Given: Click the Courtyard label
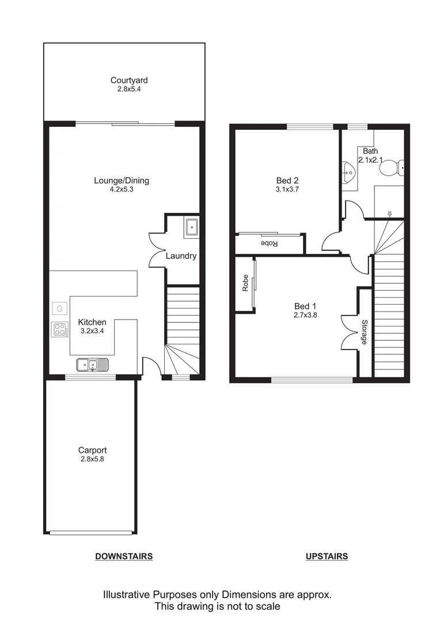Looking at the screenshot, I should tap(124, 81).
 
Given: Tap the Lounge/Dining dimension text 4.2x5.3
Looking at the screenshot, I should tap(122, 190).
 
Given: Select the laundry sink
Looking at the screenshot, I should tap(191, 228).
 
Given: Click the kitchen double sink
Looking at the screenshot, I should tap(92, 365).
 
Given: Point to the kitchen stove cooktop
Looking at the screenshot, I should tap(59, 329).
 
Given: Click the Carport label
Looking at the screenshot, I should tap(92, 451).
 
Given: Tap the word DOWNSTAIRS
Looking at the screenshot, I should tap(124, 557).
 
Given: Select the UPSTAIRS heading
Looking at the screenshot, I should tap(327, 557).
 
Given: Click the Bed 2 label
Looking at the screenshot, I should tap(287, 180).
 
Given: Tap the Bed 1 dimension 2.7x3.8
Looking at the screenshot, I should tap(305, 315).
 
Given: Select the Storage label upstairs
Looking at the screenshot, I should tap(364, 332).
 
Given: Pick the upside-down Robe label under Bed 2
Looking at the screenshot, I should tap(270, 243).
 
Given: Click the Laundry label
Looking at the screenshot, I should tap(181, 256).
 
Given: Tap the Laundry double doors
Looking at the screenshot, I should tap(157, 249).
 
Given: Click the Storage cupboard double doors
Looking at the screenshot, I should tap(350, 332).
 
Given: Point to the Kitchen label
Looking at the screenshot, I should tap(92, 322).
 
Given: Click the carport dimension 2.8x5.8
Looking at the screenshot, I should tap(92, 459).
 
